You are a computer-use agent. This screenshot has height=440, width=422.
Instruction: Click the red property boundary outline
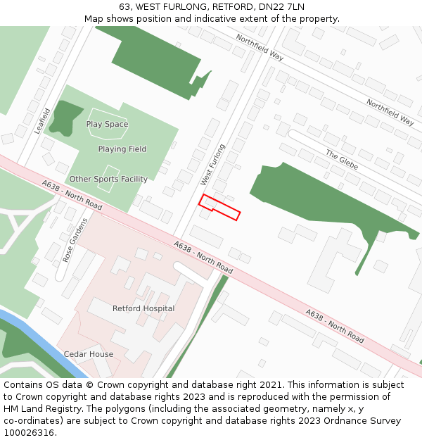click(219, 207)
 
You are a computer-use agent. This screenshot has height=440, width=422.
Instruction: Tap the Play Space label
click(107, 125)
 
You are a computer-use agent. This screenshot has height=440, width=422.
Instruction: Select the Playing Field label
click(122, 149)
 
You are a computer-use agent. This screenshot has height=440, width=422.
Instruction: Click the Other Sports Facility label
click(108, 180)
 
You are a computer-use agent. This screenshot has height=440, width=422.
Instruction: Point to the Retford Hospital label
click(143, 308)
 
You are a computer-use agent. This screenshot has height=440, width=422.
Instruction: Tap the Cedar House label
click(89, 354)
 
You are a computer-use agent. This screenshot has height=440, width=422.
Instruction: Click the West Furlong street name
click(212, 165)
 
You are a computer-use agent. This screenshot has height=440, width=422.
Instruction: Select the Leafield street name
click(41, 121)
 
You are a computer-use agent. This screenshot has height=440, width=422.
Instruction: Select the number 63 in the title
click(125, 6)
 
